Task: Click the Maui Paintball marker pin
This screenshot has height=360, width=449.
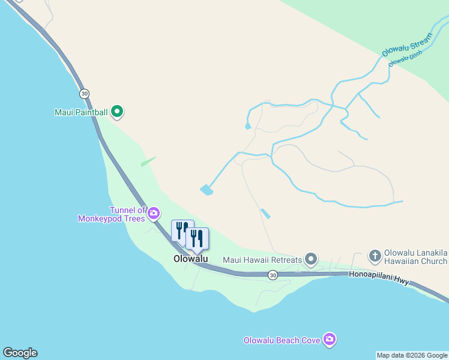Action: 118,111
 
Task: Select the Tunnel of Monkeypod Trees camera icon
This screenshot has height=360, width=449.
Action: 154,213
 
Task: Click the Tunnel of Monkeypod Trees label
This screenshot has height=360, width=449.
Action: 112,214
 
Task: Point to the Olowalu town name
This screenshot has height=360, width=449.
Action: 190,259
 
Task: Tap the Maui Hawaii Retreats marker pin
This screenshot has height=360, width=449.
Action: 311,259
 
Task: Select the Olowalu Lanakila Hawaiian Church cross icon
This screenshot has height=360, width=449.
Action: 375,256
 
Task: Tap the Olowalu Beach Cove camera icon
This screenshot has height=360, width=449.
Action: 329,340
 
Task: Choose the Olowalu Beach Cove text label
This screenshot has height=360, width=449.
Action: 282,340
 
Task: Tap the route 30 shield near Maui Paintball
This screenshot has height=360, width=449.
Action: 84,93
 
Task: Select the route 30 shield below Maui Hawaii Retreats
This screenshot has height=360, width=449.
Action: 273,275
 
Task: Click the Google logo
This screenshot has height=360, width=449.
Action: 20,353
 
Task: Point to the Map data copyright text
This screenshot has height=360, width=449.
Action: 412,355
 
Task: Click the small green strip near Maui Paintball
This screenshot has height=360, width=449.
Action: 148,161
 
